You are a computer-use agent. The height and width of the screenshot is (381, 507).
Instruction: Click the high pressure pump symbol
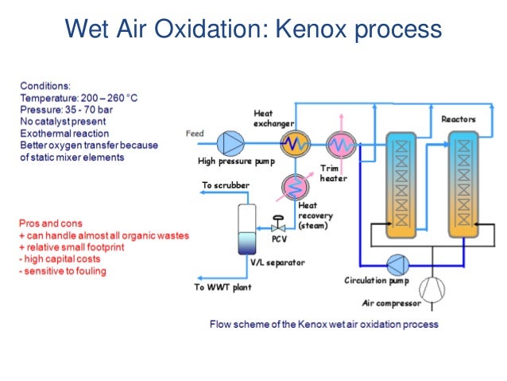(x=233, y=143)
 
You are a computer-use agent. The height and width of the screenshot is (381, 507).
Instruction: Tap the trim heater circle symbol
(x=342, y=144)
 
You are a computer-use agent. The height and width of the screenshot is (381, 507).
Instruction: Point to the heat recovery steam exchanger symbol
(x=296, y=186)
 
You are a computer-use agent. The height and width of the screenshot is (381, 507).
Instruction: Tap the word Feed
(x=195, y=133)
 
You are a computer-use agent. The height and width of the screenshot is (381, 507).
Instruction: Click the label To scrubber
(x=226, y=185)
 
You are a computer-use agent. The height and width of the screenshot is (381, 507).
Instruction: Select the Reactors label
(x=458, y=119)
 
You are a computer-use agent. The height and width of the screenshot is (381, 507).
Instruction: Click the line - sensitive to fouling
(x=63, y=271)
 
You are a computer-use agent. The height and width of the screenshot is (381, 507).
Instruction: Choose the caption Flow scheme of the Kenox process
(x=323, y=325)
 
